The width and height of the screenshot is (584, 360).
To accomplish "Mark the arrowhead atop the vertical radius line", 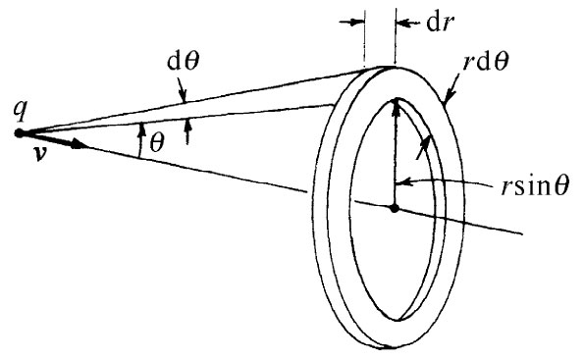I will [394, 102].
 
